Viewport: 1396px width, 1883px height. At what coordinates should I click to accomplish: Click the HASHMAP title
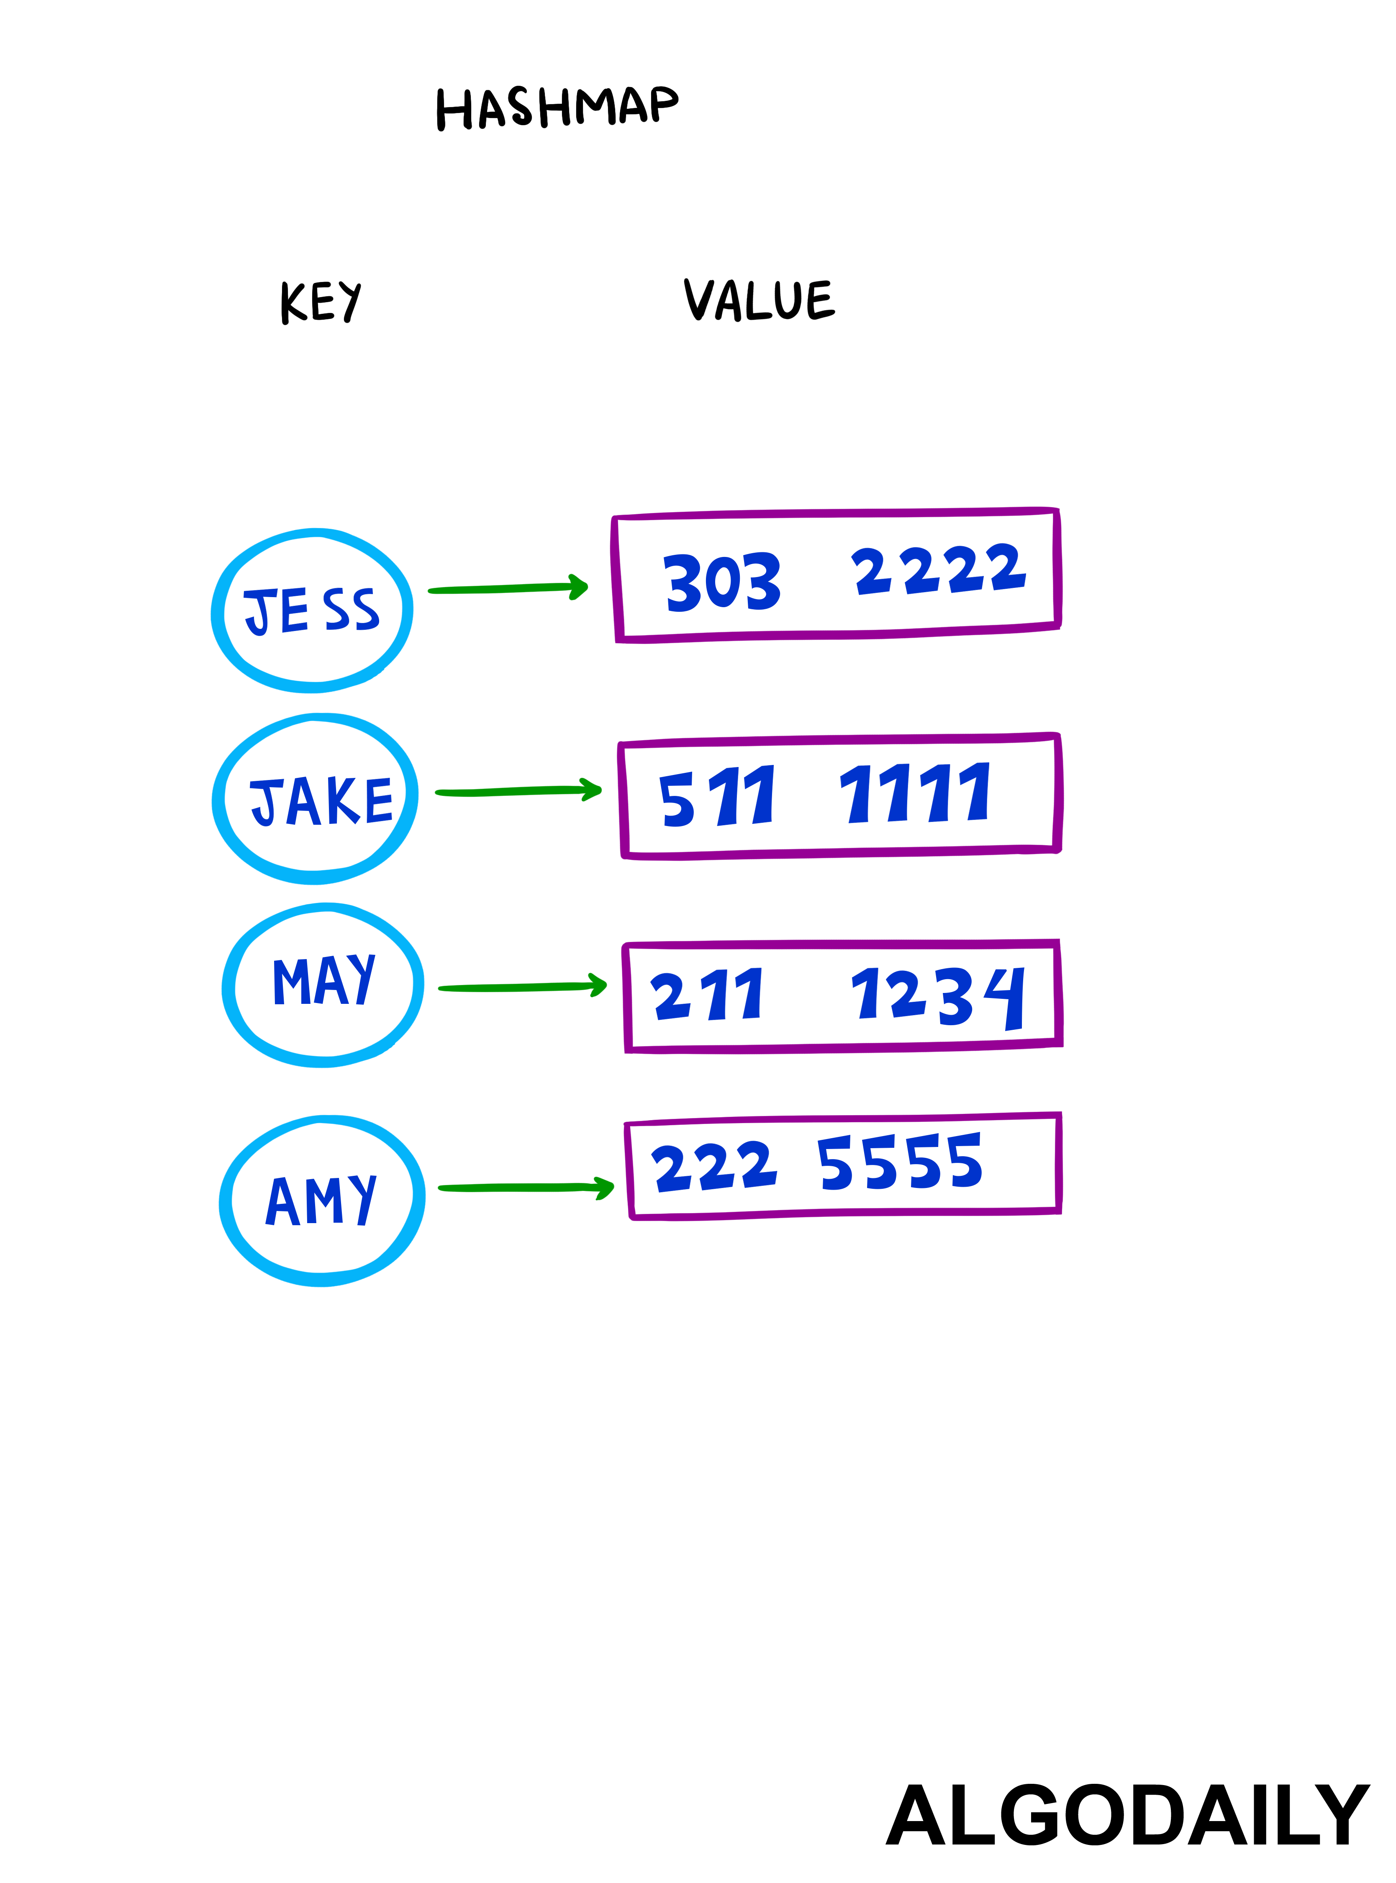click(x=557, y=108)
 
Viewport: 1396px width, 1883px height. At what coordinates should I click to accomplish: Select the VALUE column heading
click(x=759, y=300)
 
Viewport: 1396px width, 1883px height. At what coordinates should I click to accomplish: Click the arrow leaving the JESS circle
click(x=507, y=589)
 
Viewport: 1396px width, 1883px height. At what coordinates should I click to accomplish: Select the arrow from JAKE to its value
click(x=517, y=791)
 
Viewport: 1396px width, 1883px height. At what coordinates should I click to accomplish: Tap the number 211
click(x=706, y=994)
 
